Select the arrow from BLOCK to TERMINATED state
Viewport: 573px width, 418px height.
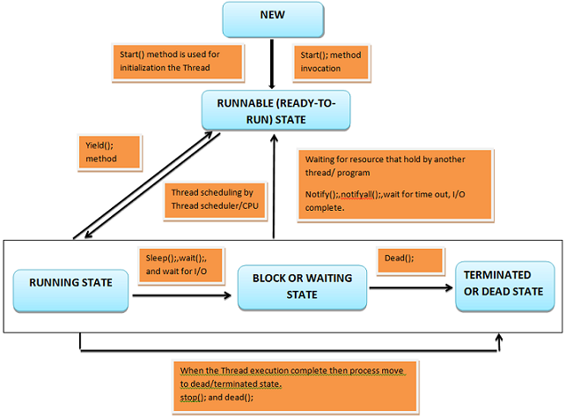pos(412,287)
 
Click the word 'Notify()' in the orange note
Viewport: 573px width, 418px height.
pos(321,193)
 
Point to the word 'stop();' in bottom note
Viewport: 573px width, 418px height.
pos(192,398)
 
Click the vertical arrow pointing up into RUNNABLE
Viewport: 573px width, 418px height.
pos(276,190)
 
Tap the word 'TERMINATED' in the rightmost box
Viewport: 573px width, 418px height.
pos(505,276)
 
